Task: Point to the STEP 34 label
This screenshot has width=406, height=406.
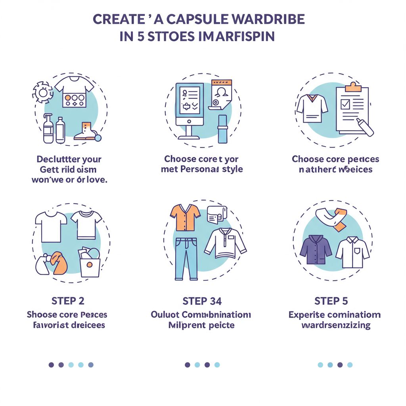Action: [x=202, y=301]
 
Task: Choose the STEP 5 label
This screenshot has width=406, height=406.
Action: [x=331, y=301]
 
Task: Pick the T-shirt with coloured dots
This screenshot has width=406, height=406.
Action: [x=74, y=91]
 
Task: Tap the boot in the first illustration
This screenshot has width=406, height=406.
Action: [x=86, y=131]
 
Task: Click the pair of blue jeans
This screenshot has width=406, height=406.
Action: [x=186, y=258]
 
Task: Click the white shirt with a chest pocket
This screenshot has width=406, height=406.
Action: [x=352, y=252]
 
